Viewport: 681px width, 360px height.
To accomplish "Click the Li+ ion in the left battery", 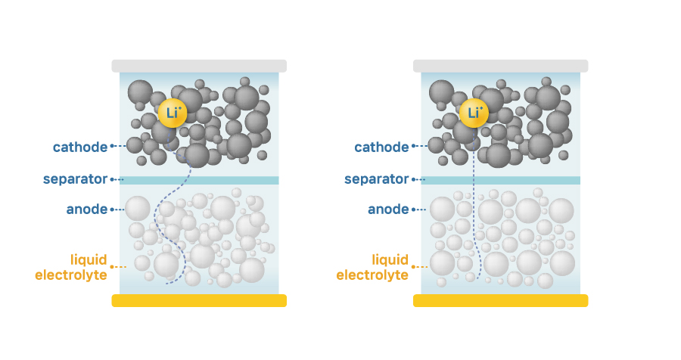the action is pos(173,113).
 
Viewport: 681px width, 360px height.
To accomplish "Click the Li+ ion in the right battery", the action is pos(474,113).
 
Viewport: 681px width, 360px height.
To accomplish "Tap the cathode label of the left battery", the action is pos(80,147).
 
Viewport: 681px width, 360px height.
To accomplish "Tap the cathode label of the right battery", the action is pos(381,147).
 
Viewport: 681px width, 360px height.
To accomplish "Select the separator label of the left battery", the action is pos(75,179).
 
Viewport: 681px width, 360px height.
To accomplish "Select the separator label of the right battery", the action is pos(377,179).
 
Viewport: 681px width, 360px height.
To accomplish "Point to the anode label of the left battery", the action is pos(87,209).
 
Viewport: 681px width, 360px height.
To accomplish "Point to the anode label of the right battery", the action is pos(388,209).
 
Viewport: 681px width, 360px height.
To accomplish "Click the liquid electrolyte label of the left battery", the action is pos(71,267).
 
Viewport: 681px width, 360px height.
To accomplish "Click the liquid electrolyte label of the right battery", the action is pos(372,267).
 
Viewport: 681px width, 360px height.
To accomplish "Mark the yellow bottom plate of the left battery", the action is pos(199,300).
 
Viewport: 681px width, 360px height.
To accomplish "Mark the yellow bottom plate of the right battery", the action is pos(500,300).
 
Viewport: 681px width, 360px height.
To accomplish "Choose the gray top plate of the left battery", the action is pos(199,66).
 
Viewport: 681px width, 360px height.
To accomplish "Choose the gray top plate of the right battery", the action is pos(500,66).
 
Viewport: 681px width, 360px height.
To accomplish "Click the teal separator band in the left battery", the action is pos(199,180).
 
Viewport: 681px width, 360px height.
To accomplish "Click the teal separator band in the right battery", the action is pos(500,180).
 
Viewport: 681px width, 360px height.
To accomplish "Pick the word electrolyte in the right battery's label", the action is pos(372,275).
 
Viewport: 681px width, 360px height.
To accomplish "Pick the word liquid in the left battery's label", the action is pos(89,259).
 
